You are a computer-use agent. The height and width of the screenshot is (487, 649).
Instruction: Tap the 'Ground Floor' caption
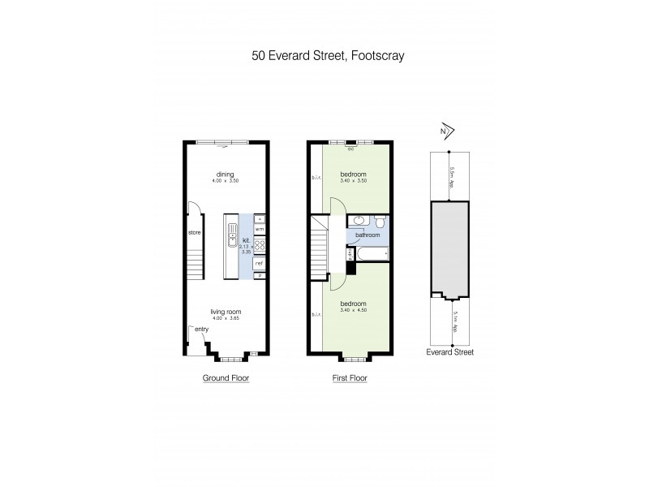click(226, 378)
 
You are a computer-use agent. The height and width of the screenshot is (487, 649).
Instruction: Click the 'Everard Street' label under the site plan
click(450, 352)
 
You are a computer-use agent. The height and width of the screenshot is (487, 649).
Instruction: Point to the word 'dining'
click(226, 172)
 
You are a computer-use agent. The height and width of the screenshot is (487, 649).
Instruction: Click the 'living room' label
click(226, 312)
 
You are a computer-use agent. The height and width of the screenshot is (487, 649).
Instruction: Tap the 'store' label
click(194, 233)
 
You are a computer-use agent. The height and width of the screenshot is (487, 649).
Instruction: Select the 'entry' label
click(201, 329)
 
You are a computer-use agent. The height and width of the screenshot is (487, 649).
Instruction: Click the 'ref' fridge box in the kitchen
click(260, 263)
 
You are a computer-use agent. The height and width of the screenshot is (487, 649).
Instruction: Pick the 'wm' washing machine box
click(260, 230)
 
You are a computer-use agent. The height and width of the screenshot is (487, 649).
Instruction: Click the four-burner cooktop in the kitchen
click(260, 244)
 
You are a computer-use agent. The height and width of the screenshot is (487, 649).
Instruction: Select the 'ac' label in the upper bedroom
click(350, 149)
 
